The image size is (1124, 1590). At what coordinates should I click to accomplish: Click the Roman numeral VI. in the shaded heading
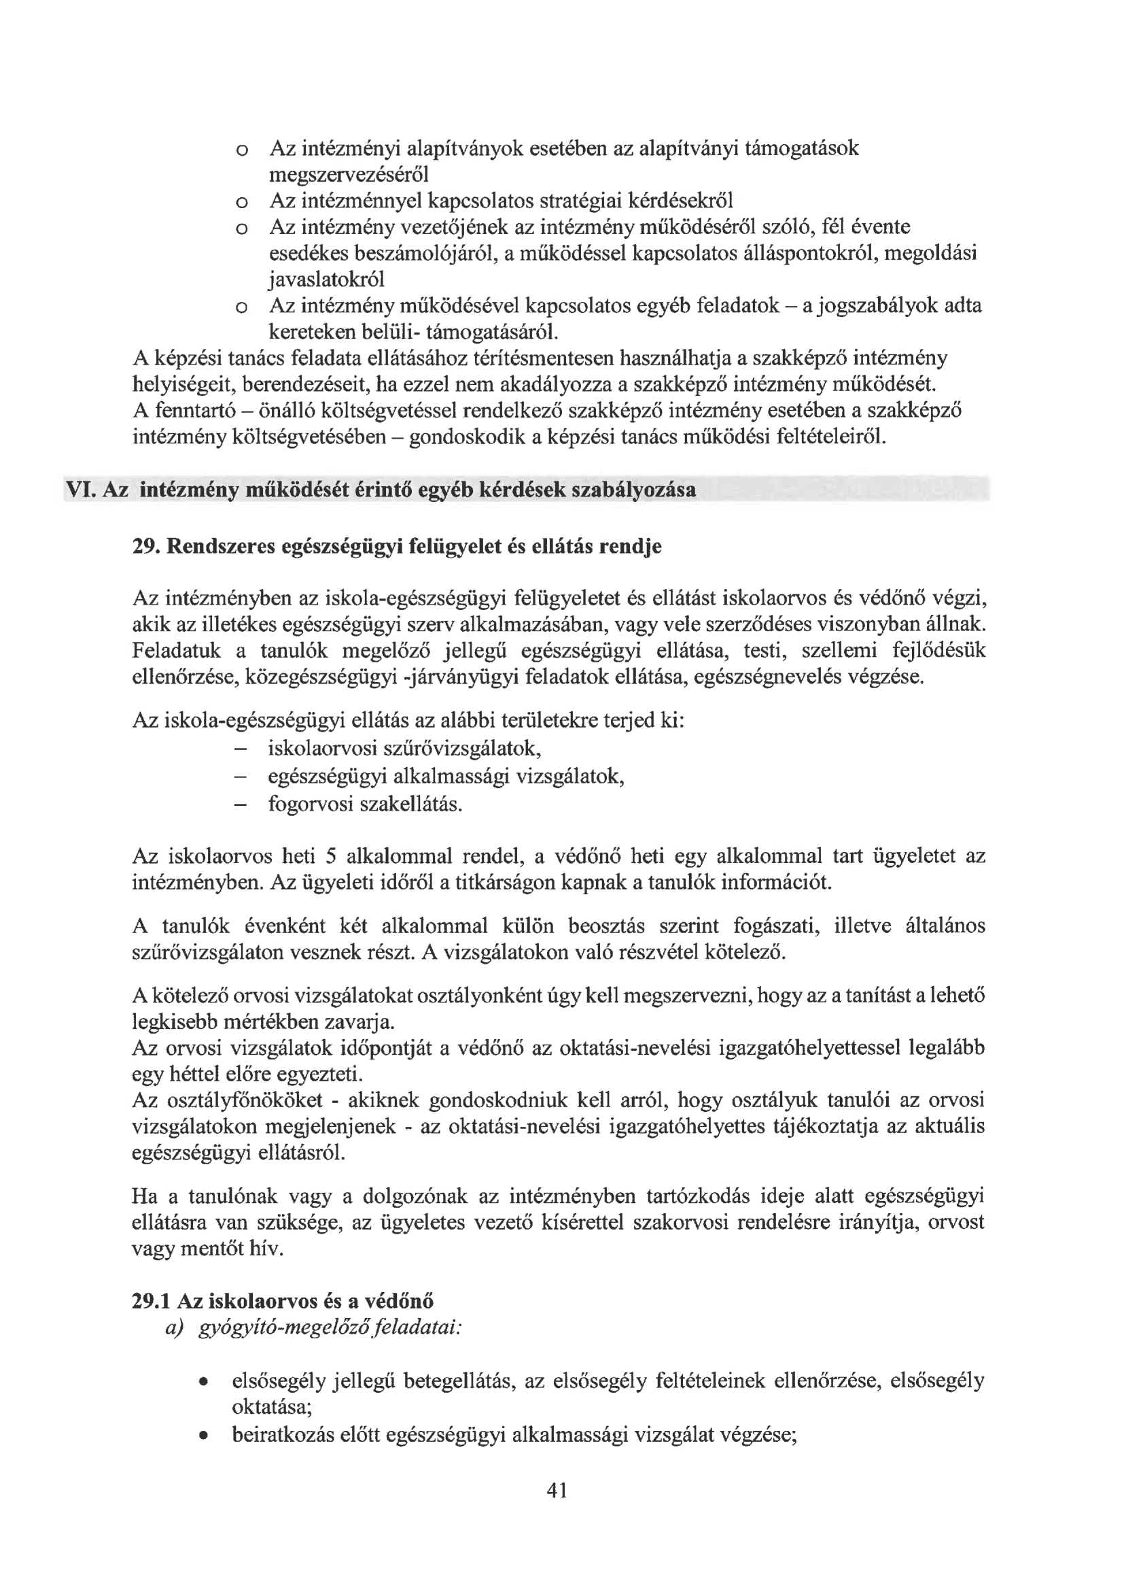pos(80,490)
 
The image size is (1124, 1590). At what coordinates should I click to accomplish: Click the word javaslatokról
pos(326,280)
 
